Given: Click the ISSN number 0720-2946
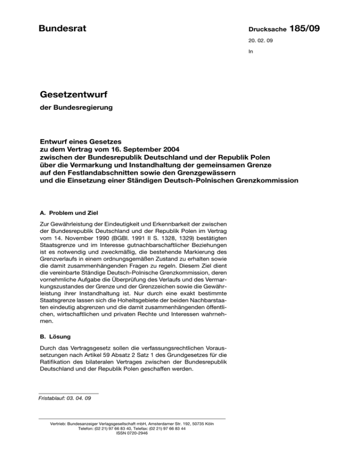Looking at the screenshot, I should pos(132,433).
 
